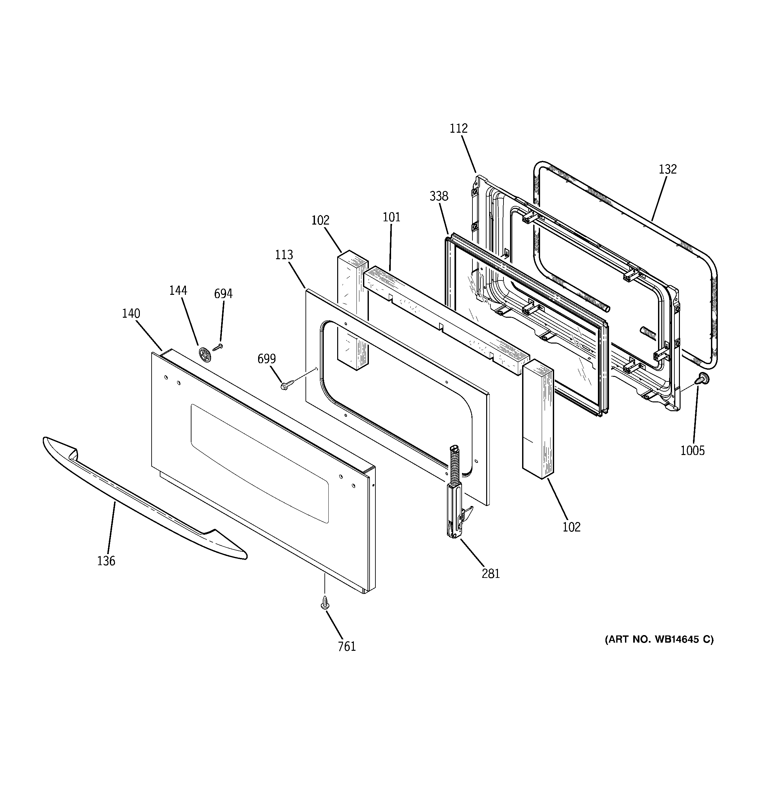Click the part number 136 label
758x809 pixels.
pyautogui.click(x=106, y=561)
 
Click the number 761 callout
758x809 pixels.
pyautogui.click(x=347, y=646)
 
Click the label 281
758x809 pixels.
pyautogui.click(x=490, y=574)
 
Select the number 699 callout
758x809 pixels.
pyautogui.click(x=267, y=359)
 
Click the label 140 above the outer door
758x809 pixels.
pyautogui.click(x=131, y=313)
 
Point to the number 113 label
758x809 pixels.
pyautogui.click(x=284, y=255)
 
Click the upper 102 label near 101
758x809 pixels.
pyautogui.click(x=320, y=220)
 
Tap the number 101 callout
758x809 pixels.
pyautogui.click(x=391, y=217)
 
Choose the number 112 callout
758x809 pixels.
pyautogui.click(x=458, y=128)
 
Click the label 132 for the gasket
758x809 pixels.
pyautogui.click(x=668, y=169)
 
